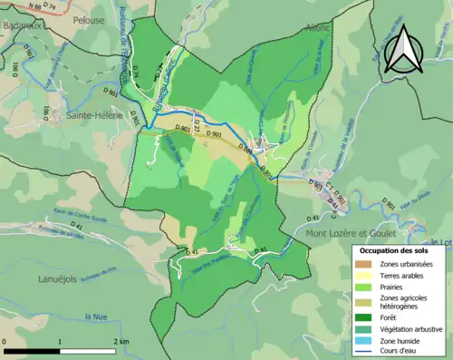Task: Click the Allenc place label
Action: [x=318, y=28]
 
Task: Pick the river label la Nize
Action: [x=95, y=315]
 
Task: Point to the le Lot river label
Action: [x=443, y=241]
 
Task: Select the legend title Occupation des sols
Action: [x=396, y=250]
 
